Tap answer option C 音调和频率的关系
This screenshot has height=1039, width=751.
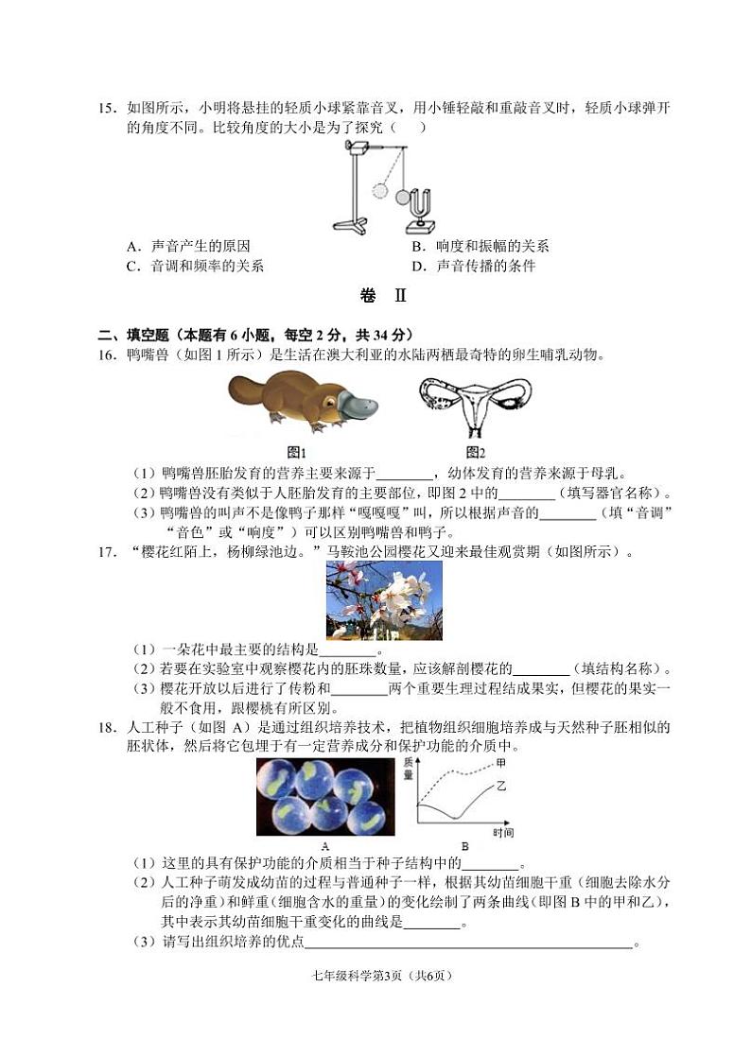[195, 267]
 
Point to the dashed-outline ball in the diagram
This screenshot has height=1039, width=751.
[380, 190]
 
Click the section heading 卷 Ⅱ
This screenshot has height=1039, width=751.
[383, 296]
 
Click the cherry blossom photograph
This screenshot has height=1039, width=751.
[384, 600]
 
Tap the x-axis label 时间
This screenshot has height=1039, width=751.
[502, 833]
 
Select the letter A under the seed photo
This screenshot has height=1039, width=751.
[325, 846]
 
